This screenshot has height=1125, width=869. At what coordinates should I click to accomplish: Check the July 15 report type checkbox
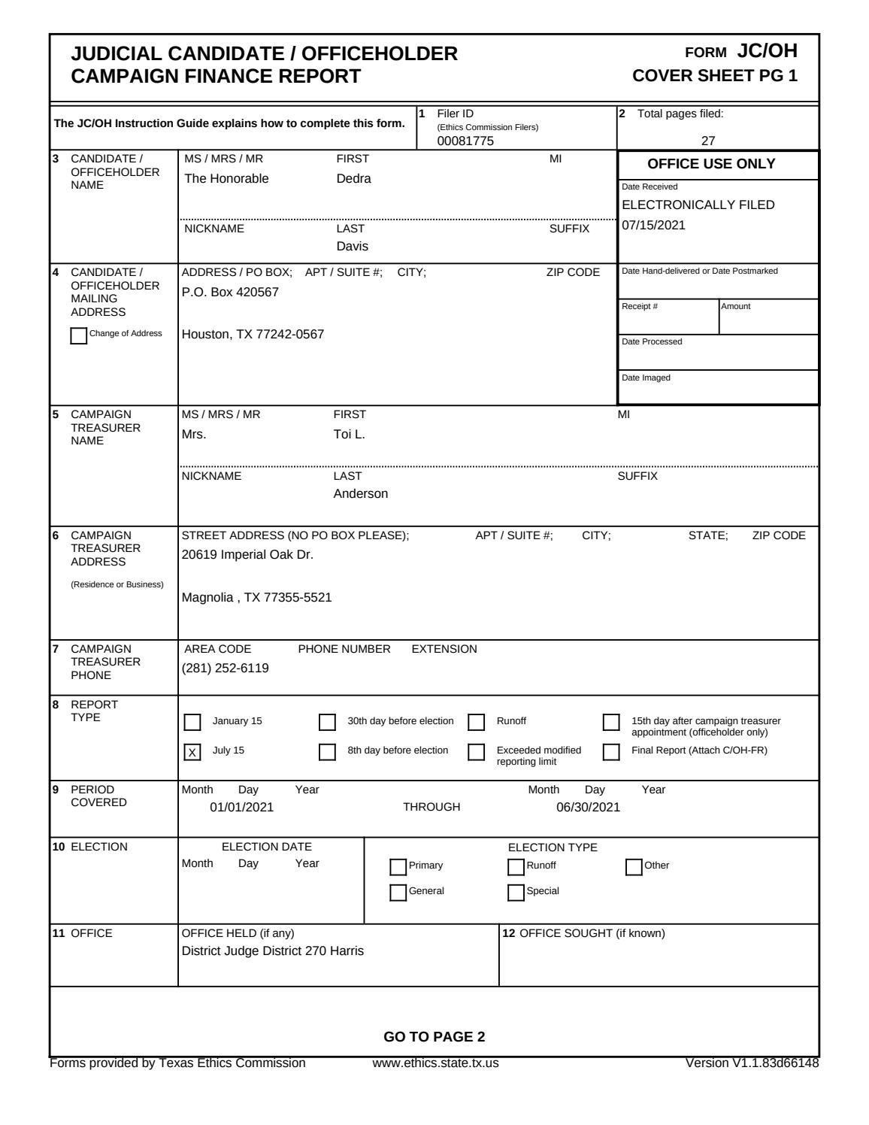[192, 752]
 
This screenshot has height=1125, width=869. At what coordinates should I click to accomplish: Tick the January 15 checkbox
[192, 722]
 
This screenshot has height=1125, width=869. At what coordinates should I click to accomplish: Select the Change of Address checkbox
[78, 335]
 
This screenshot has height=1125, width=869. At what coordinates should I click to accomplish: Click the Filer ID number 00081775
[465, 141]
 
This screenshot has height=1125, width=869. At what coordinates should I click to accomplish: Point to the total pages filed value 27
[708, 141]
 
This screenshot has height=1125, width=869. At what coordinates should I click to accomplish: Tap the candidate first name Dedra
[353, 179]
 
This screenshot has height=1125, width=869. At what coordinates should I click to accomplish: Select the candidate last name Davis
[352, 246]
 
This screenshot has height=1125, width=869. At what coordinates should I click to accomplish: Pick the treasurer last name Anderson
[361, 494]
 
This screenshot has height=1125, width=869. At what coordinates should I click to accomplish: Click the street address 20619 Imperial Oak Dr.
[247, 555]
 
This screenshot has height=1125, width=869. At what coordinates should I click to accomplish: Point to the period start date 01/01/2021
[241, 808]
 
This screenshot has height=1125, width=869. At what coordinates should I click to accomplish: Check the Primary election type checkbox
[398, 867]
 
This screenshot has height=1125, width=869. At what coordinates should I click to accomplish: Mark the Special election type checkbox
[516, 893]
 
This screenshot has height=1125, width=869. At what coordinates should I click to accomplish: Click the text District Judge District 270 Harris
[273, 951]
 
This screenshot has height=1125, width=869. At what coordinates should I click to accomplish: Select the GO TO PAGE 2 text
[434, 1037]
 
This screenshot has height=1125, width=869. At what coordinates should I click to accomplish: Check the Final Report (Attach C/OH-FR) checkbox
[612, 752]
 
